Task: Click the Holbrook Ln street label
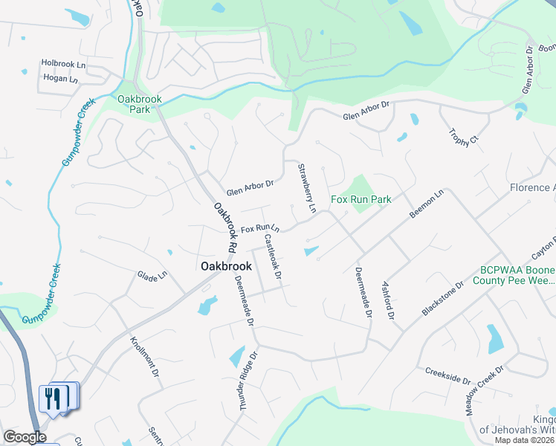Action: tap(64, 65)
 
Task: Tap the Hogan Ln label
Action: tap(60, 79)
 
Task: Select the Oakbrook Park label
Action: tap(135, 103)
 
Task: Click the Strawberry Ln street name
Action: tap(307, 189)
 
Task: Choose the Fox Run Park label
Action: tap(361, 199)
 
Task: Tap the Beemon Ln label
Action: tap(426, 203)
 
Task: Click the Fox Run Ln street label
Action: tap(259, 227)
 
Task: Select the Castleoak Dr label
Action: tap(273, 257)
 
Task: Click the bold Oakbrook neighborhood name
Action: tap(226, 265)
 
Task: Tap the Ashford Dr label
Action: tap(387, 300)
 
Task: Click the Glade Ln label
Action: tap(152, 276)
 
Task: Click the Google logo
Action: tap(25, 437)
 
